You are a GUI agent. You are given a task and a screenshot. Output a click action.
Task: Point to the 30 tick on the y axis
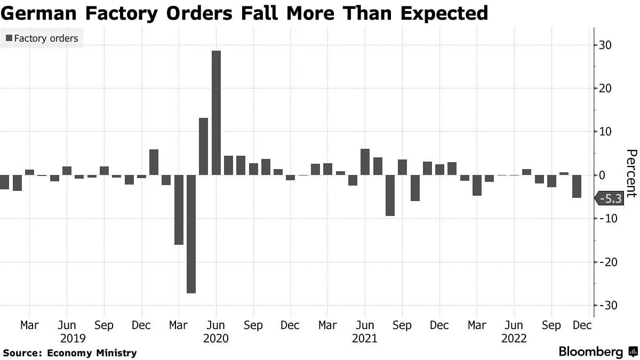coord(604,45)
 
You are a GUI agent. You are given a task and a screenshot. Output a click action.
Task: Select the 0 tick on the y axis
coord(603,175)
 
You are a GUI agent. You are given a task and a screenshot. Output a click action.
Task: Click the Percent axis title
coord(631,173)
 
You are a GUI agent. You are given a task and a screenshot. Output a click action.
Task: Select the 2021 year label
coord(365,339)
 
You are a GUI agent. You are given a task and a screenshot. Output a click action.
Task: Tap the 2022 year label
coord(514,339)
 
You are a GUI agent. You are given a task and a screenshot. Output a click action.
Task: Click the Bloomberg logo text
coord(591,351)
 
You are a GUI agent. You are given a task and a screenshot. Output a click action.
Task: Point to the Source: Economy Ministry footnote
coord(69,353)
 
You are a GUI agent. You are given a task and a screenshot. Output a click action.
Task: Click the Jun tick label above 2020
coord(216,325)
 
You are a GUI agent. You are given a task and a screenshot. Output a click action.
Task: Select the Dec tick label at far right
coord(582,325)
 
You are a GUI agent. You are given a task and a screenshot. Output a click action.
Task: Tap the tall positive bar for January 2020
coord(154,162)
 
